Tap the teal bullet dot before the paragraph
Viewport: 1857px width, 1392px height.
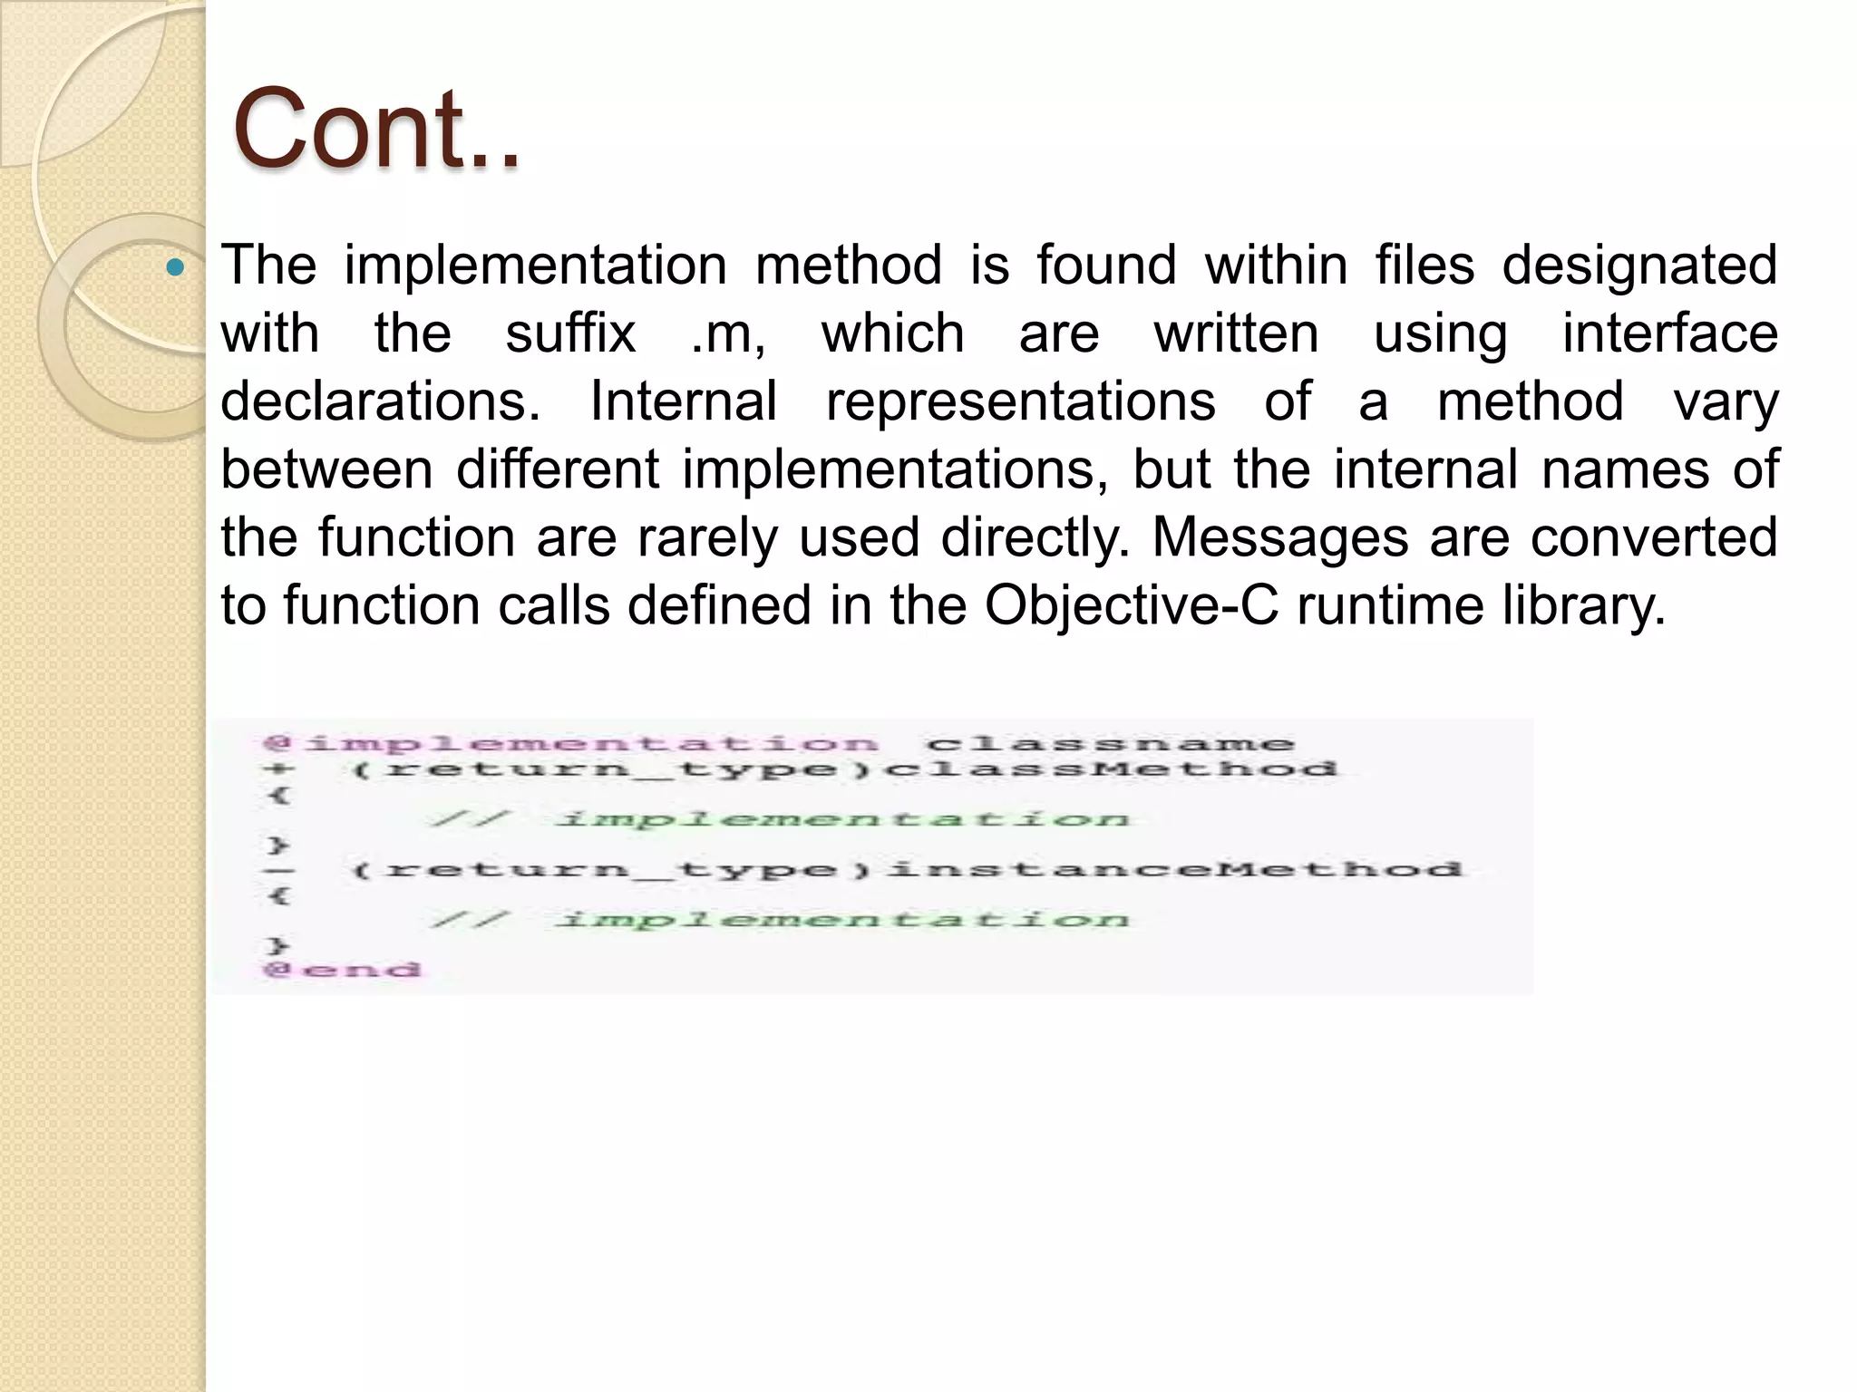point(176,268)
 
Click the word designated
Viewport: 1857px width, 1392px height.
point(1639,266)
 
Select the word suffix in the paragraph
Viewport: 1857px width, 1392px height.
point(570,333)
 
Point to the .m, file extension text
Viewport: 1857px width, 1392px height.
point(728,333)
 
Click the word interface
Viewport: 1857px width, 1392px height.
point(1669,333)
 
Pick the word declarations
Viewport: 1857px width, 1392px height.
point(381,401)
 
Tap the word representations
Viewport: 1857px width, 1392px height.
point(1020,401)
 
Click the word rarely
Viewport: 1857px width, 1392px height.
point(707,537)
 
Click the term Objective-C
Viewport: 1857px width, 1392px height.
point(1132,605)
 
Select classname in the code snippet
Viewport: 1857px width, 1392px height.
point(1110,744)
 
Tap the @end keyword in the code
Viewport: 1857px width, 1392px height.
point(343,970)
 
